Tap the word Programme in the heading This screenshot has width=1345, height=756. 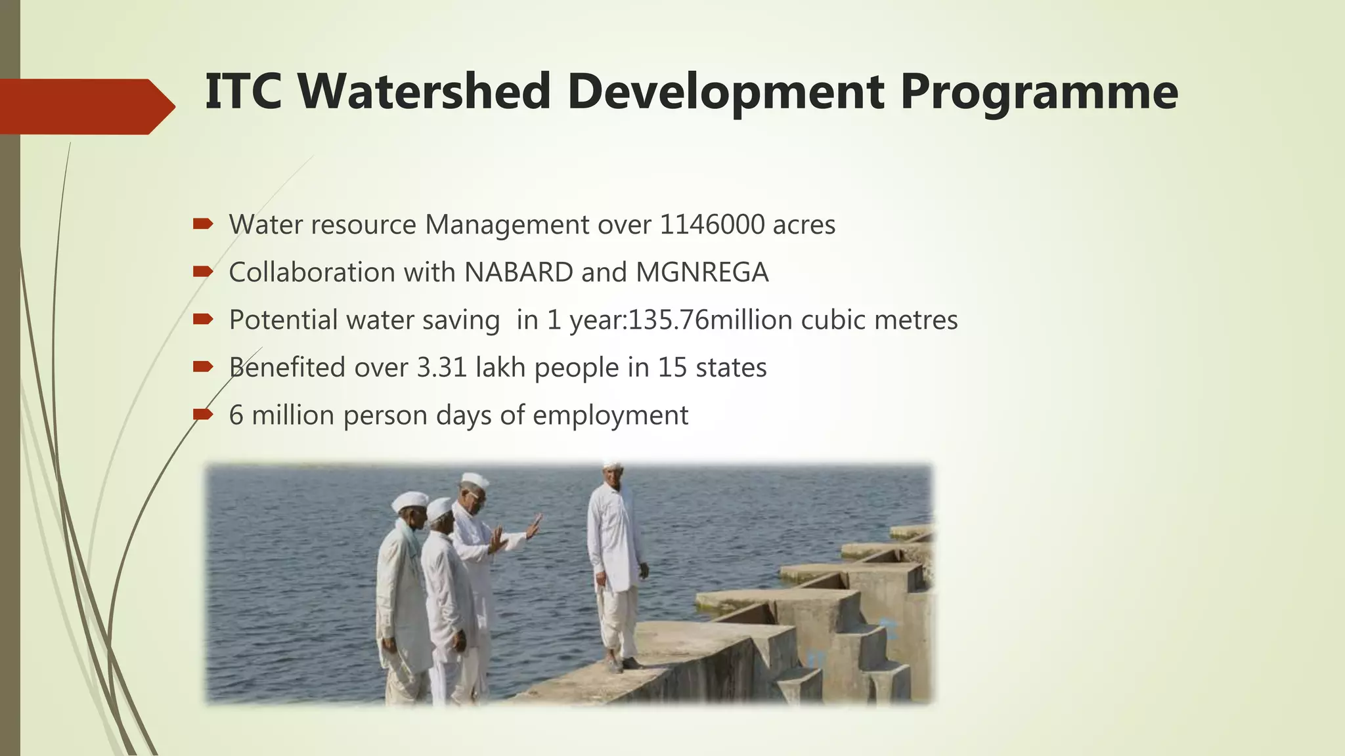pyautogui.click(x=1039, y=93)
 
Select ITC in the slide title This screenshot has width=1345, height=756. pyautogui.click(x=244, y=91)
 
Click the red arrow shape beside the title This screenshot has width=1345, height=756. pyautogui.click(x=85, y=106)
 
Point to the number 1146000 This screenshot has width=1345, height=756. pyautogui.click(x=712, y=224)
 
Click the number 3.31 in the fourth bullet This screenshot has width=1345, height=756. pyautogui.click(x=441, y=367)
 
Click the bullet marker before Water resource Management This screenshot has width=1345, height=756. pyautogui.click(x=203, y=224)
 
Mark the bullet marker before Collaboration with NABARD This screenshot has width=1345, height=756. pyautogui.click(x=203, y=272)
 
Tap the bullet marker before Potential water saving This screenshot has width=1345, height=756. pyautogui.click(x=203, y=320)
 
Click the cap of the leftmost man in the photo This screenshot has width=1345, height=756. pyautogui.click(x=409, y=501)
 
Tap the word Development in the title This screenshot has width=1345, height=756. pyautogui.click(x=725, y=91)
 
